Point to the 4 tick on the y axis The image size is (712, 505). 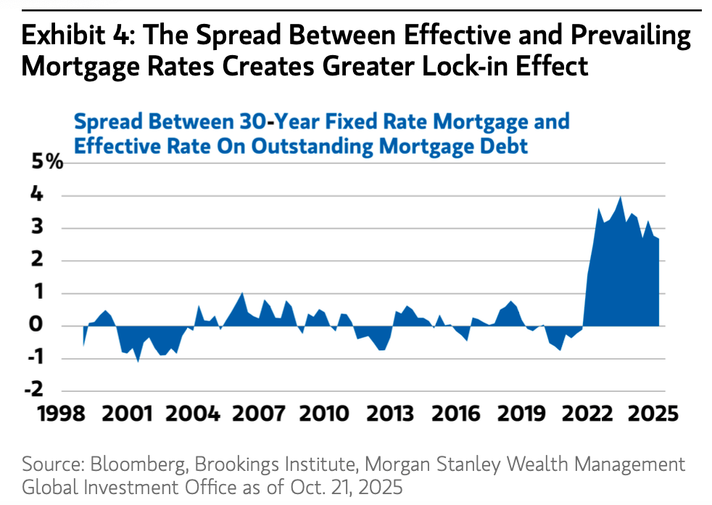[x=53, y=195]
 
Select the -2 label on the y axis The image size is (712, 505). [x=49, y=390]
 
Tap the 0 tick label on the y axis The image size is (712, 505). [x=54, y=326]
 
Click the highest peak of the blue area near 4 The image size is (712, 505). [x=621, y=197]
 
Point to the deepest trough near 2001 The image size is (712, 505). [x=138, y=361]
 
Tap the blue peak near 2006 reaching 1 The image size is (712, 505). [x=242, y=293]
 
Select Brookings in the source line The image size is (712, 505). [x=238, y=464]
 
